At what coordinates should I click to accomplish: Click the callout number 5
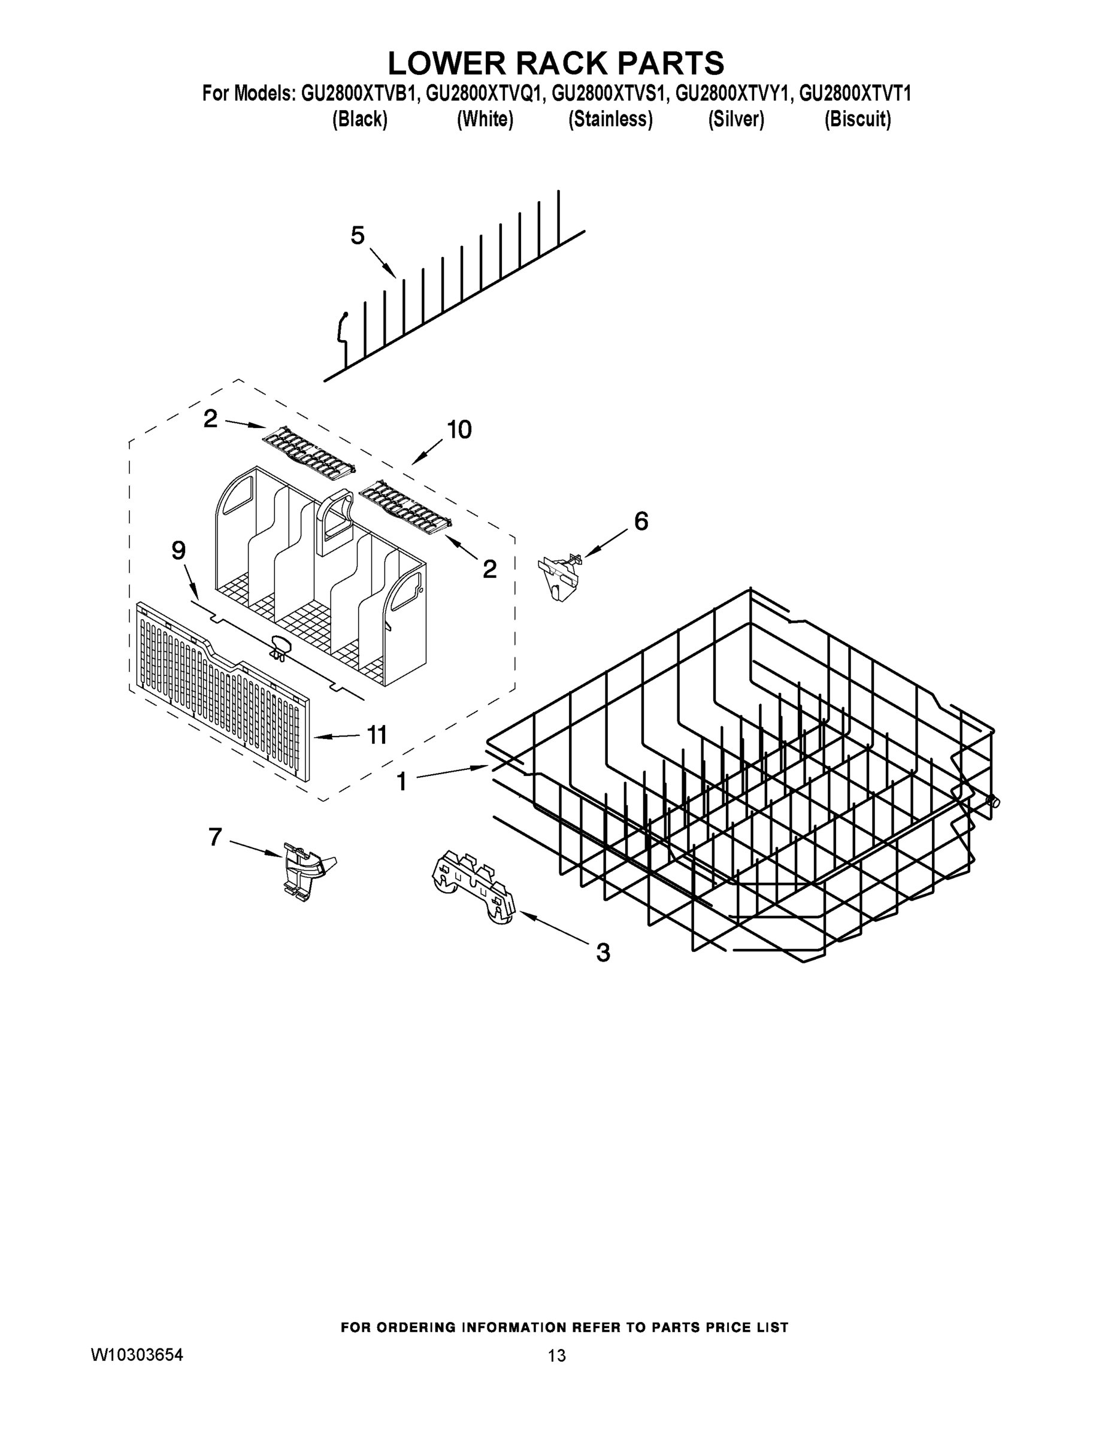tap(358, 235)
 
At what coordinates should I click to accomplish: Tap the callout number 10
tap(459, 430)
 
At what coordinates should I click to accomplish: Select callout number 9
tap(178, 551)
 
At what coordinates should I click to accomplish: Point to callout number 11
tap(377, 734)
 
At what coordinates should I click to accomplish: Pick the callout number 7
tap(215, 837)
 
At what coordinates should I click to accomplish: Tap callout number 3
tap(603, 952)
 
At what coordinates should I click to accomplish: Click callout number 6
tap(640, 521)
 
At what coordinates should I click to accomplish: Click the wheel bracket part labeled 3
tap(474, 886)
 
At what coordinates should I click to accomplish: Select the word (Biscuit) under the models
tap(857, 119)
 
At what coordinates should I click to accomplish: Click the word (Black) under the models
tap(359, 119)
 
